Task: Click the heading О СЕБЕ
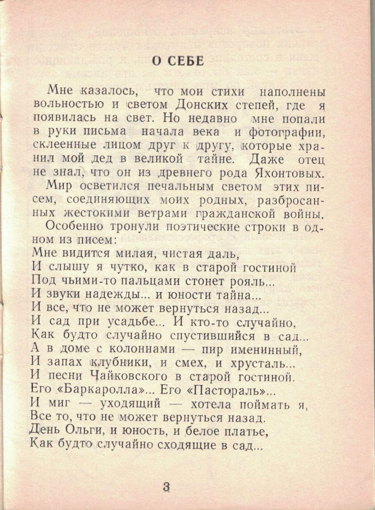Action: [178, 61]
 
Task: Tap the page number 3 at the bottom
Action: [166, 487]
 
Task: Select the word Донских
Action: [203, 105]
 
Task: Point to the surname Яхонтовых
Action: [289, 173]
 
